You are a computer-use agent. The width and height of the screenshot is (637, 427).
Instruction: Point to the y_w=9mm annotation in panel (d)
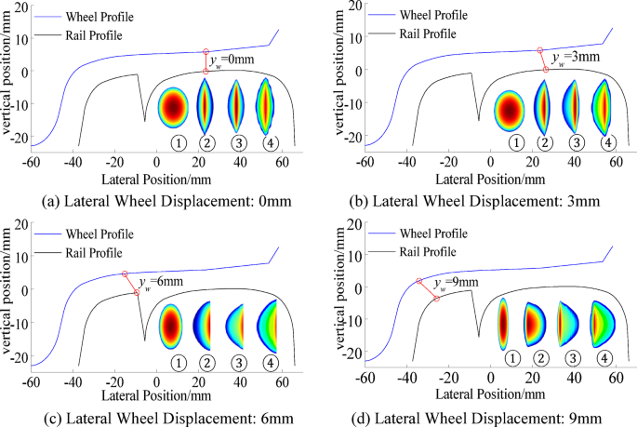460,282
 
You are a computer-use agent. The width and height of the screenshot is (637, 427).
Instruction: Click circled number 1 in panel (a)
177,142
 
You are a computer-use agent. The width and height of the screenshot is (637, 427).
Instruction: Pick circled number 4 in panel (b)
607,142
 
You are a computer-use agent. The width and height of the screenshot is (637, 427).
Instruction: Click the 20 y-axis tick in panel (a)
21,7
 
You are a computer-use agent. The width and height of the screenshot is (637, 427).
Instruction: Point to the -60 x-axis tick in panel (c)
32,381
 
